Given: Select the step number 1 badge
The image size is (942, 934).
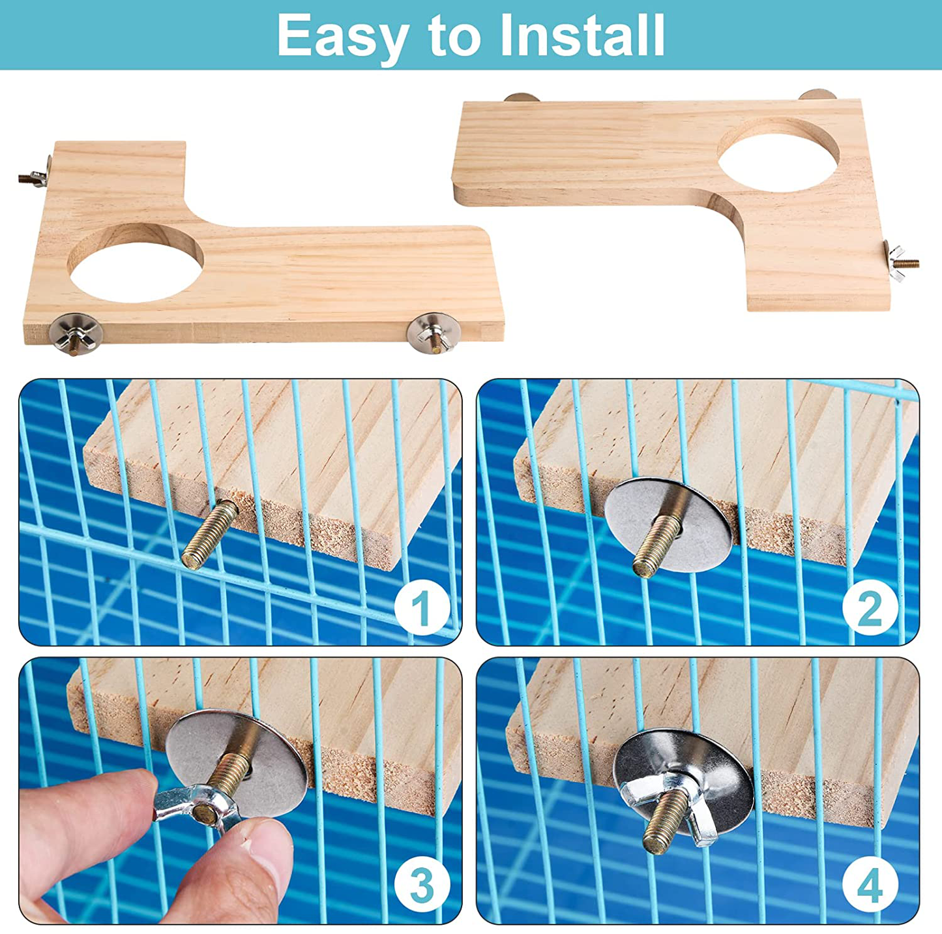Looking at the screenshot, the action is pos(422,608).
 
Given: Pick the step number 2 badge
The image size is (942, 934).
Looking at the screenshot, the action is pos(870,608).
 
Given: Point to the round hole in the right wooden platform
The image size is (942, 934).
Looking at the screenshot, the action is pos(778,155).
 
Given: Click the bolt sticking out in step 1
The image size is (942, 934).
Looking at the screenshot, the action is pos(210,534).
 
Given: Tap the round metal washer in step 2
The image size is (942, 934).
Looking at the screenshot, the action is pos(668,526).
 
